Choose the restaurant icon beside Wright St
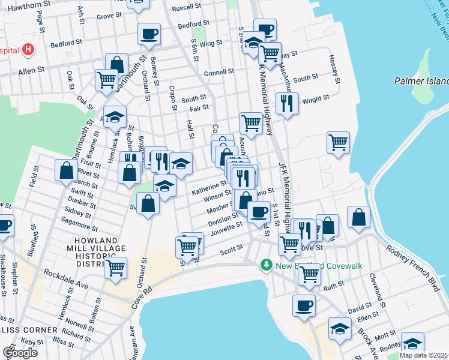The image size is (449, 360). (x=288, y=103)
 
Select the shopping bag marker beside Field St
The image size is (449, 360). (x=65, y=170)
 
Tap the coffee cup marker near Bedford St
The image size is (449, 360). (x=149, y=34)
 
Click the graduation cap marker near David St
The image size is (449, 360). (x=340, y=328)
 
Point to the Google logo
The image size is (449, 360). (x=20, y=352)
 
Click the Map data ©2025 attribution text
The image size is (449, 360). (x=424, y=355)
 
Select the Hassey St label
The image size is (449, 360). (x=334, y=69)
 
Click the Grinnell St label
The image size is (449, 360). (x=218, y=72)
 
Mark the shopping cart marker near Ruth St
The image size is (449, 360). (x=309, y=274)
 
